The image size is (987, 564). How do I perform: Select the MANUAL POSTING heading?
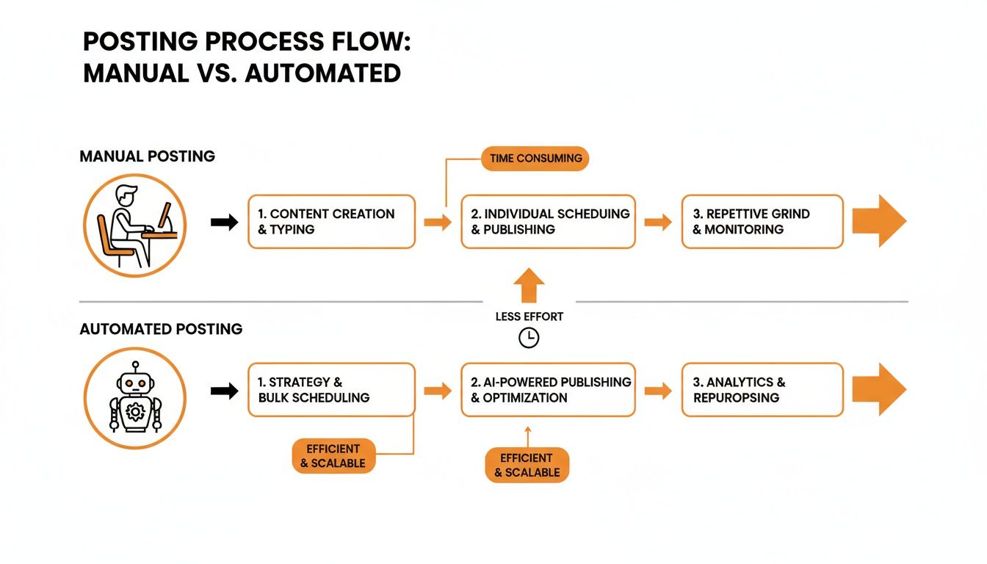(147, 156)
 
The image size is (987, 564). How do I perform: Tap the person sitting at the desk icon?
(135, 225)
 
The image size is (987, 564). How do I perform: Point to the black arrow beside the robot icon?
(224, 391)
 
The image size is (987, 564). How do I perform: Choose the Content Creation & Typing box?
(331, 222)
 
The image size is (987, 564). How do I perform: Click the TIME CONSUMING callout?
(535, 158)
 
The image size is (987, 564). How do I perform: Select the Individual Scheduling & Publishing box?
(548, 222)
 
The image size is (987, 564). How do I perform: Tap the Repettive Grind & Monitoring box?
(762, 222)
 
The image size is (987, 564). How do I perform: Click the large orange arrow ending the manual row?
(879, 221)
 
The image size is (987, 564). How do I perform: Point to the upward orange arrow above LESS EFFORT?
(528, 286)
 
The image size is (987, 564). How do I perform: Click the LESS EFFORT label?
(528, 317)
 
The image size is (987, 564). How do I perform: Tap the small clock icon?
(528, 338)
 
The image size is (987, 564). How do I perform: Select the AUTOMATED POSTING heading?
(161, 329)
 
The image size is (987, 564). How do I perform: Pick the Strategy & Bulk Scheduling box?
(331, 390)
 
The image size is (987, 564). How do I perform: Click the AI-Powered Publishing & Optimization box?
(548, 390)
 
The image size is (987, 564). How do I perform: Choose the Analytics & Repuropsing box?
(762, 390)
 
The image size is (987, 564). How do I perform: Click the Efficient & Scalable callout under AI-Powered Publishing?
(527, 465)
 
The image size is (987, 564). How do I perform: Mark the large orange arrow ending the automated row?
(879, 390)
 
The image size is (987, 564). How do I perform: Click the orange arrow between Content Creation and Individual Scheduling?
(438, 222)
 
